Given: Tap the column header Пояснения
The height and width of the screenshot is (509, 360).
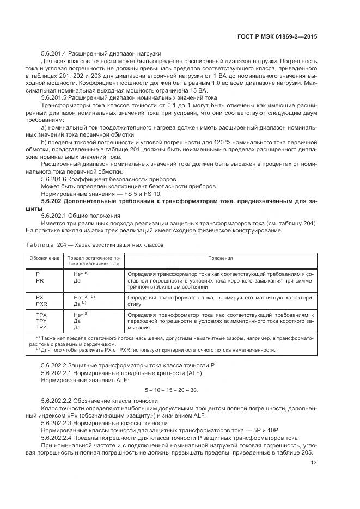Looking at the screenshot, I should click(x=220, y=259).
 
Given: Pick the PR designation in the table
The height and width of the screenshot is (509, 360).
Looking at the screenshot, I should click(x=40, y=280).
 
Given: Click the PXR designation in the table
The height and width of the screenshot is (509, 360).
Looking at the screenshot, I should click(x=41, y=305).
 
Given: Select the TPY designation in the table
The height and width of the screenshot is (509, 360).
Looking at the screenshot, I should click(x=41, y=322).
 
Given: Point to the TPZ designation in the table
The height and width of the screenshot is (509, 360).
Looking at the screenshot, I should click(x=41, y=328).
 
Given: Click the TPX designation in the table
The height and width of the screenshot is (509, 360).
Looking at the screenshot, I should click(x=41, y=315).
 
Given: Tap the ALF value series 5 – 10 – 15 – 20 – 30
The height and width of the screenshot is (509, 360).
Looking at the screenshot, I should click(x=172, y=390).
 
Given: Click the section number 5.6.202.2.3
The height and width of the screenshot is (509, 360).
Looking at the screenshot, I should click(x=59, y=422).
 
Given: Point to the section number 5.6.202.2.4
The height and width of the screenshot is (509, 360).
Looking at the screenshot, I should click(x=59, y=437).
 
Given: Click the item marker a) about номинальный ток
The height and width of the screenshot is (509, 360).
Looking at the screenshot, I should click(x=44, y=127).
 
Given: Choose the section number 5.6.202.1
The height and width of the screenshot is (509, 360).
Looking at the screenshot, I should click(x=56, y=216).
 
